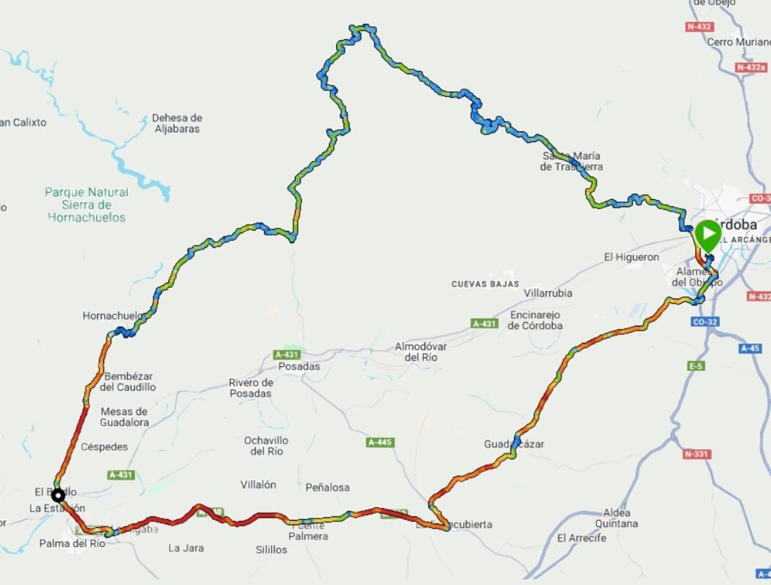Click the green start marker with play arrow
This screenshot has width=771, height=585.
coord(707,235)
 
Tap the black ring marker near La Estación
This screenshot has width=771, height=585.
coord(58,495)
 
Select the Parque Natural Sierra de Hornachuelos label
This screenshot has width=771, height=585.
coord(86,204)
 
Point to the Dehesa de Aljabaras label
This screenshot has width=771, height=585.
coord(177,123)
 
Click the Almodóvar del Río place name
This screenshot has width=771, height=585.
coord(421,352)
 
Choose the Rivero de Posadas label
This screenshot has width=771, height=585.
coord(251,388)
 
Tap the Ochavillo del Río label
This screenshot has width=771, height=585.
coord(266,446)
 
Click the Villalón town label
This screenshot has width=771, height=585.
coord(258,485)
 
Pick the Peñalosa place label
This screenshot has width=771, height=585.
coord(328,487)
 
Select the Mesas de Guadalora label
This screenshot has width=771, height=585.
coord(124,417)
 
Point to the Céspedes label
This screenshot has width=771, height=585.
coord(104,447)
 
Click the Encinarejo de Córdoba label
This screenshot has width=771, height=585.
coord(535,320)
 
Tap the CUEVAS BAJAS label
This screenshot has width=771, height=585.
coord(485,283)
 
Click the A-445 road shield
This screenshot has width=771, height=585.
coord(380,442)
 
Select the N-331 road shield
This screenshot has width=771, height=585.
coord(696,454)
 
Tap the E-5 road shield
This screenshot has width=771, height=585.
coord(696,366)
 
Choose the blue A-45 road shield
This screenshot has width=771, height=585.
coord(750,348)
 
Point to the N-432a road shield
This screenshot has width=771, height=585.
coord(751,67)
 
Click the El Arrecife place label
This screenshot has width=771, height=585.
coord(581,538)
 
